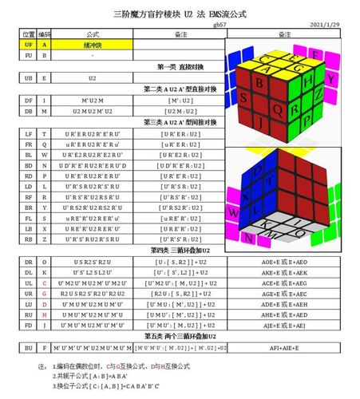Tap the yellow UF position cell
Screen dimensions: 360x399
[28, 45]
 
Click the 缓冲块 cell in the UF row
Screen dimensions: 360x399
[91, 45]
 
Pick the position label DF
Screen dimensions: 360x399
[28, 100]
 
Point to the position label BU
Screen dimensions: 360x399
[28, 348]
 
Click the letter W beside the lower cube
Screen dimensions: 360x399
[234, 212]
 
